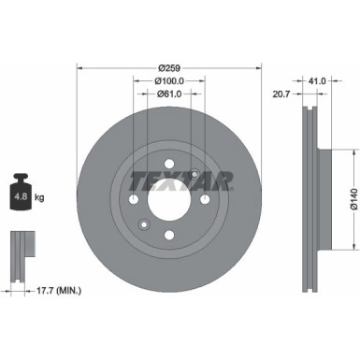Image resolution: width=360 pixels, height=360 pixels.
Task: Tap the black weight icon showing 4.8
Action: [x=22, y=194]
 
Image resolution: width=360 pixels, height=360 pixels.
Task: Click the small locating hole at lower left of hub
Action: [x=143, y=224]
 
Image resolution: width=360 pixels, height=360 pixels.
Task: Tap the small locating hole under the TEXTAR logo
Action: [x=194, y=174]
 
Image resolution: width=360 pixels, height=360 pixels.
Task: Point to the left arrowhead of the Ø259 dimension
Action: [x=79, y=67]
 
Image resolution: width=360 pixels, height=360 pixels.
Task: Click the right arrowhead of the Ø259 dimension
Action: [x=259, y=67]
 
